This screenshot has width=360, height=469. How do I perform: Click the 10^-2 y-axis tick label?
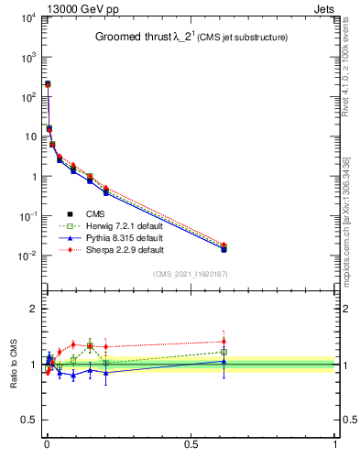point(25,256)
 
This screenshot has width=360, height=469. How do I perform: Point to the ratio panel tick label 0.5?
point(27,420)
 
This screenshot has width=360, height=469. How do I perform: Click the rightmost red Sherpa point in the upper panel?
point(224,245)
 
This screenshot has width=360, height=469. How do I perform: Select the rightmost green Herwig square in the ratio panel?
point(224,352)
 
